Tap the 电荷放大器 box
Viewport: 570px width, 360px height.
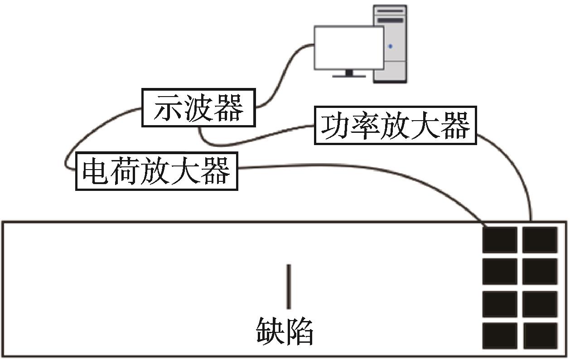pyautogui.click(x=156, y=171)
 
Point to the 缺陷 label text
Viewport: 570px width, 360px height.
pyautogui.click(x=285, y=331)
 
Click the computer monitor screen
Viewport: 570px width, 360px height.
pyautogui.click(x=349, y=48)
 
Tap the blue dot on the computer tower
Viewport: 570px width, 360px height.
pyautogui.click(x=390, y=46)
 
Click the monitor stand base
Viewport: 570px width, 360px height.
pyautogui.click(x=349, y=76)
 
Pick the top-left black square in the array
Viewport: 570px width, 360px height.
pyautogui.click(x=499, y=239)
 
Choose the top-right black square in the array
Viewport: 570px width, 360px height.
pyautogui.click(x=540, y=239)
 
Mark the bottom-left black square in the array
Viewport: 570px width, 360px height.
pyautogui.click(x=499, y=336)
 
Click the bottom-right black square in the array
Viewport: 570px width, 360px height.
pyautogui.click(x=540, y=336)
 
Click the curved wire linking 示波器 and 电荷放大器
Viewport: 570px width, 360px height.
pyautogui.click(x=82, y=136)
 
